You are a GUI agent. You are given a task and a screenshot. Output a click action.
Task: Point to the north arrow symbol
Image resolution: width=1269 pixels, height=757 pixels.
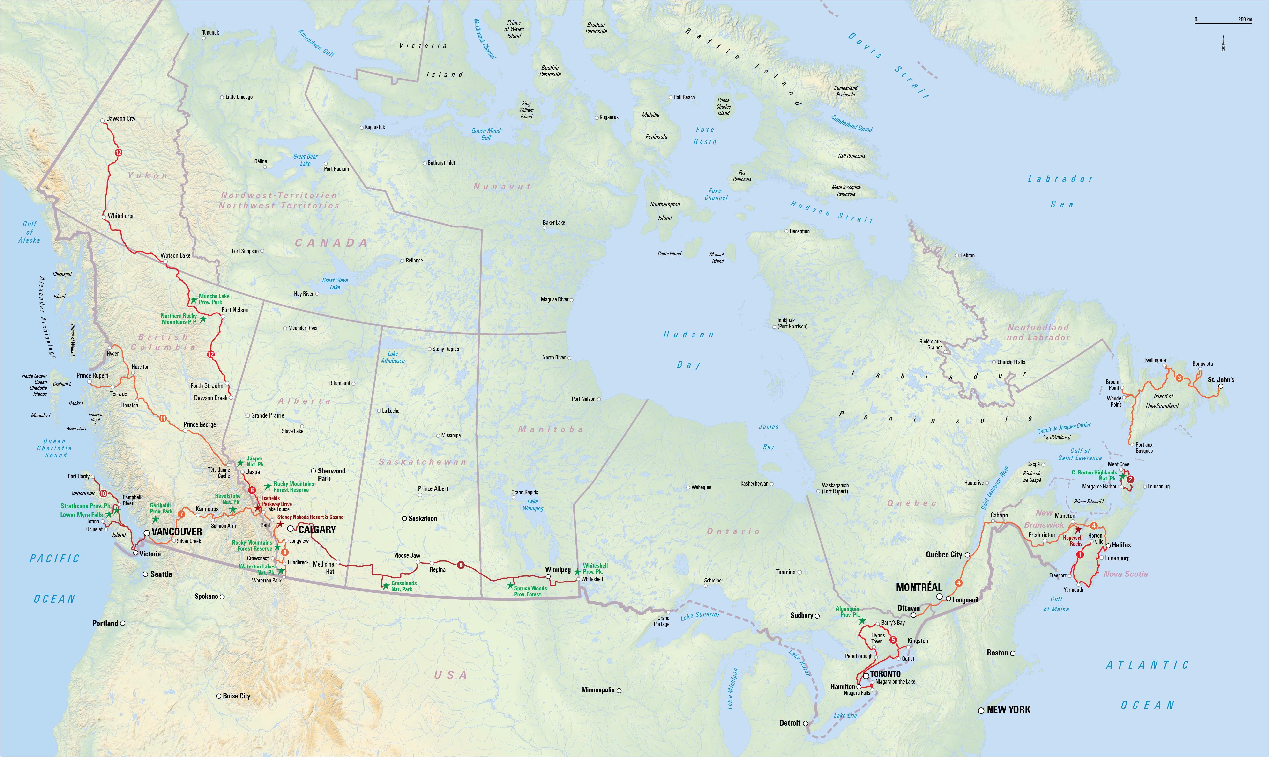pyautogui.click(x=1223, y=43)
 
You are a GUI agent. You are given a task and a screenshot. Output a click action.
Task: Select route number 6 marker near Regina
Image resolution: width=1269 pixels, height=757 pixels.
pyautogui.click(x=461, y=565)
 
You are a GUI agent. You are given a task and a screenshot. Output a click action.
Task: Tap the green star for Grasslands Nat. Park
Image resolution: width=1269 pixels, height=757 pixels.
pyautogui.click(x=386, y=586)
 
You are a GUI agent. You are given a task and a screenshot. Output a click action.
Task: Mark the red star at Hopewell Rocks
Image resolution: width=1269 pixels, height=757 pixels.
pyautogui.click(x=1078, y=530)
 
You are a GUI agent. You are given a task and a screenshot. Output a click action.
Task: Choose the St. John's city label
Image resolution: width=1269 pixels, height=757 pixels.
pyautogui.click(x=1221, y=379)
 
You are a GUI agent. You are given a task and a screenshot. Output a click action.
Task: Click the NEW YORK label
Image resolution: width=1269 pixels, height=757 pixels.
pyautogui.click(x=1008, y=710)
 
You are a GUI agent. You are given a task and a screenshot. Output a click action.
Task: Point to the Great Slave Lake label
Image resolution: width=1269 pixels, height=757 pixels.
pyautogui.click(x=335, y=284)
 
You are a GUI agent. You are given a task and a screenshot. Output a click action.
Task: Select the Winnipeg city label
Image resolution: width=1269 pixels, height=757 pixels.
pyautogui.click(x=557, y=570)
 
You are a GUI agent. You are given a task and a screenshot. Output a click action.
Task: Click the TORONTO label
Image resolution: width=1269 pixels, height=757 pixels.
pyautogui.click(x=885, y=674)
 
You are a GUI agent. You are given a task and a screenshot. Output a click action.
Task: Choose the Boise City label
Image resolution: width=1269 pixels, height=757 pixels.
pyautogui.click(x=236, y=696)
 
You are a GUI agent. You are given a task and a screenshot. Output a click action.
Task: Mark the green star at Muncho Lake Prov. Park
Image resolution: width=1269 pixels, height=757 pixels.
pyautogui.click(x=194, y=300)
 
